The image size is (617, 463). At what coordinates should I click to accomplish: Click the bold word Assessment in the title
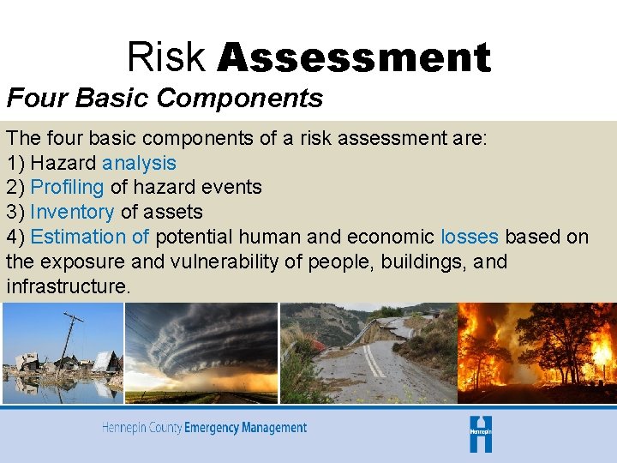coord(354,58)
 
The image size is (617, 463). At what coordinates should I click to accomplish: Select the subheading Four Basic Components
coord(165,99)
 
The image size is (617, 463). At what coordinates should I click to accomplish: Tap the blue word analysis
coord(139,163)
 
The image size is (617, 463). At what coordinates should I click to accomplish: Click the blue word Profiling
coord(67,187)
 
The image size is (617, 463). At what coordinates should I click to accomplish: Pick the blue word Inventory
coord(72,212)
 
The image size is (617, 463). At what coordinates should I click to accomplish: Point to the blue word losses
coord(470,237)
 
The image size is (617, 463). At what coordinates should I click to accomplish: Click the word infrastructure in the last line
coord(69,286)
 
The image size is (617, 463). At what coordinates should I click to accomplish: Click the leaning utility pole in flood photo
coord(69,343)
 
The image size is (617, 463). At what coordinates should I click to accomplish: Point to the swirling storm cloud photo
coord(201,352)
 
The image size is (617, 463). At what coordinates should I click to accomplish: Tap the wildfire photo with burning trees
coord(536,352)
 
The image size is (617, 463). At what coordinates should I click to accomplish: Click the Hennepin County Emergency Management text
coord(204,428)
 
